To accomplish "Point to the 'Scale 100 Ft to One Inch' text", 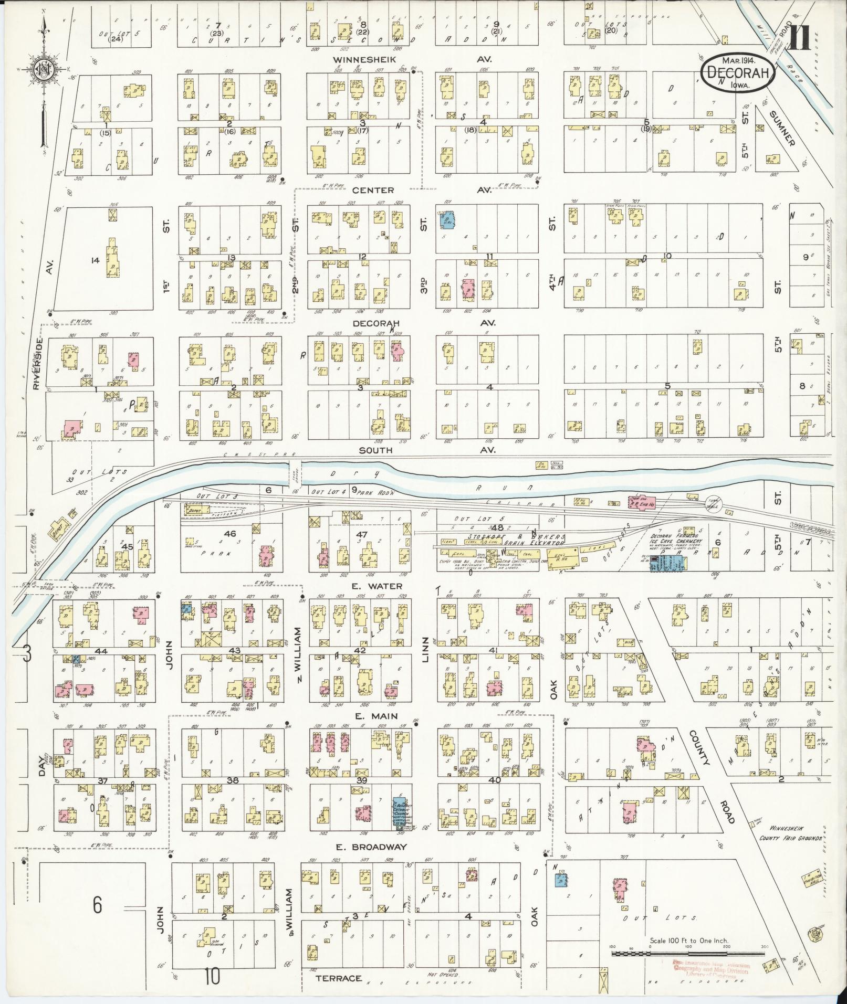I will click(689, 940).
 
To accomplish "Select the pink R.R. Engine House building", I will click(642, 502).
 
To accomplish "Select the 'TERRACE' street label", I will click(339, 978).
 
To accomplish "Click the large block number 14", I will click(95, 259).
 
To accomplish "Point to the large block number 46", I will click(229, 534).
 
